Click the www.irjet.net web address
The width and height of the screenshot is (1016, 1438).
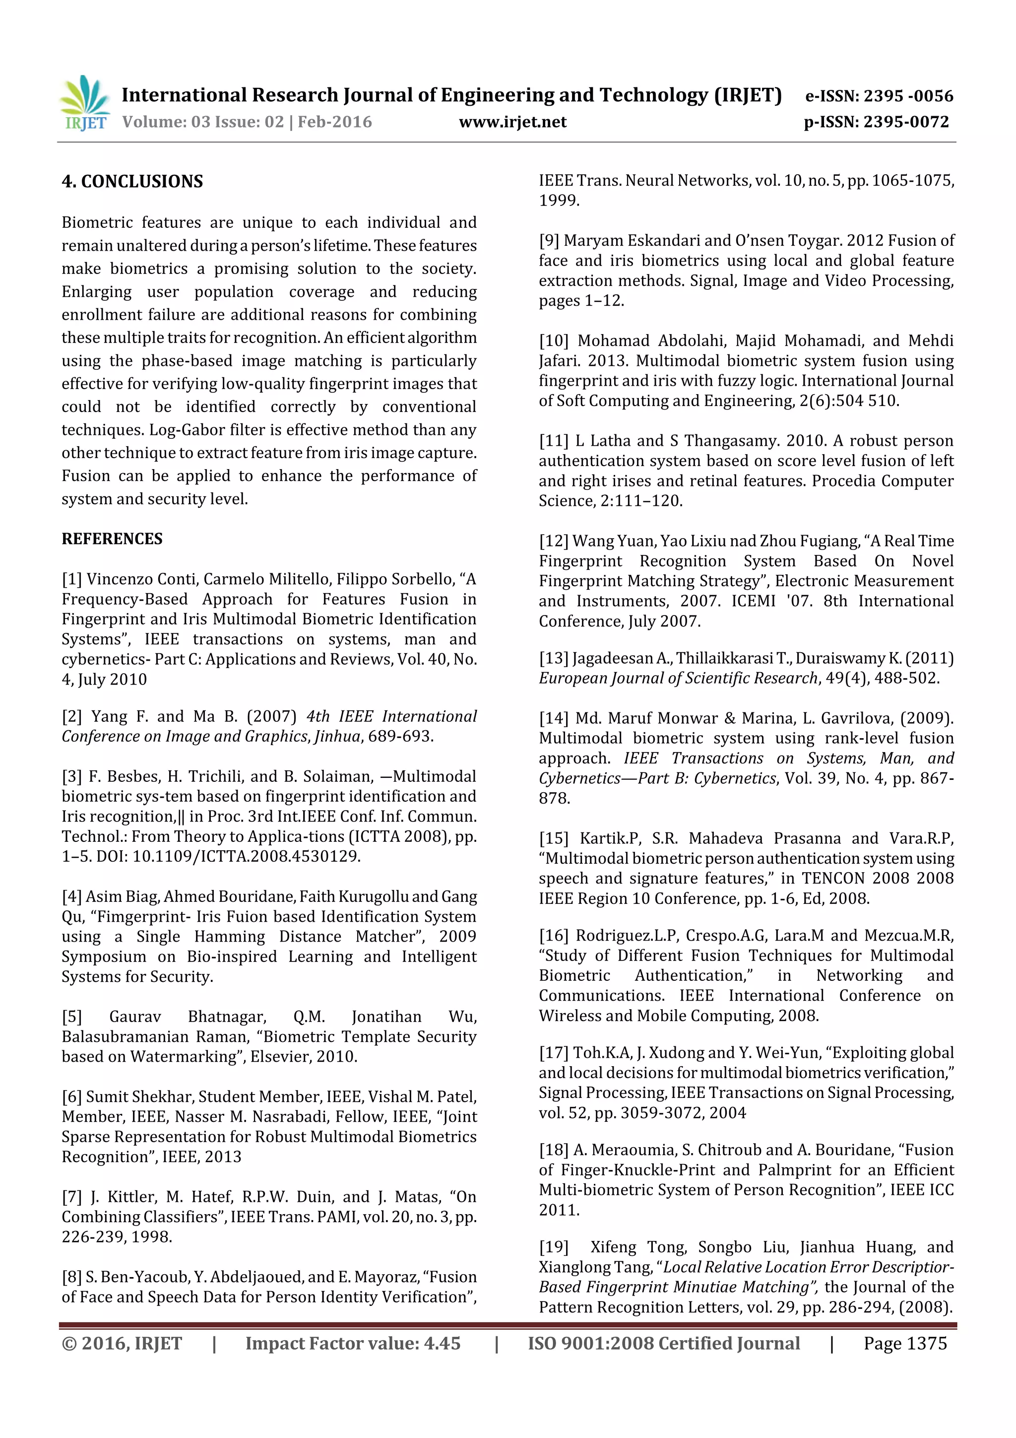pyautogui.click(x=512, y=122)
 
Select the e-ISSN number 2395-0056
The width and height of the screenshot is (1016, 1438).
pyautogui.click(x=908, y=96)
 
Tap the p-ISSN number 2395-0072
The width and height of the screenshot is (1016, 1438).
pyautogui.click(x=906, y=122)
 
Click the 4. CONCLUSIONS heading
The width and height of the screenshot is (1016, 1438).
pyautogui.click(x=132, y=182)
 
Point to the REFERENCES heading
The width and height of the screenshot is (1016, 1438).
pyautogui.click(x=112, y=539)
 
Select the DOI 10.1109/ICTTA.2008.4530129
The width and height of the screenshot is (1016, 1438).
pyautogui.click(x=246, y=857)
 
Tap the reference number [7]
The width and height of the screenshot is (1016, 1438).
pyautogui.click(x=71, y=1197)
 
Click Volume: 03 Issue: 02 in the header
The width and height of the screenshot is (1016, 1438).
pyautogui.click(x=203, y=122)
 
